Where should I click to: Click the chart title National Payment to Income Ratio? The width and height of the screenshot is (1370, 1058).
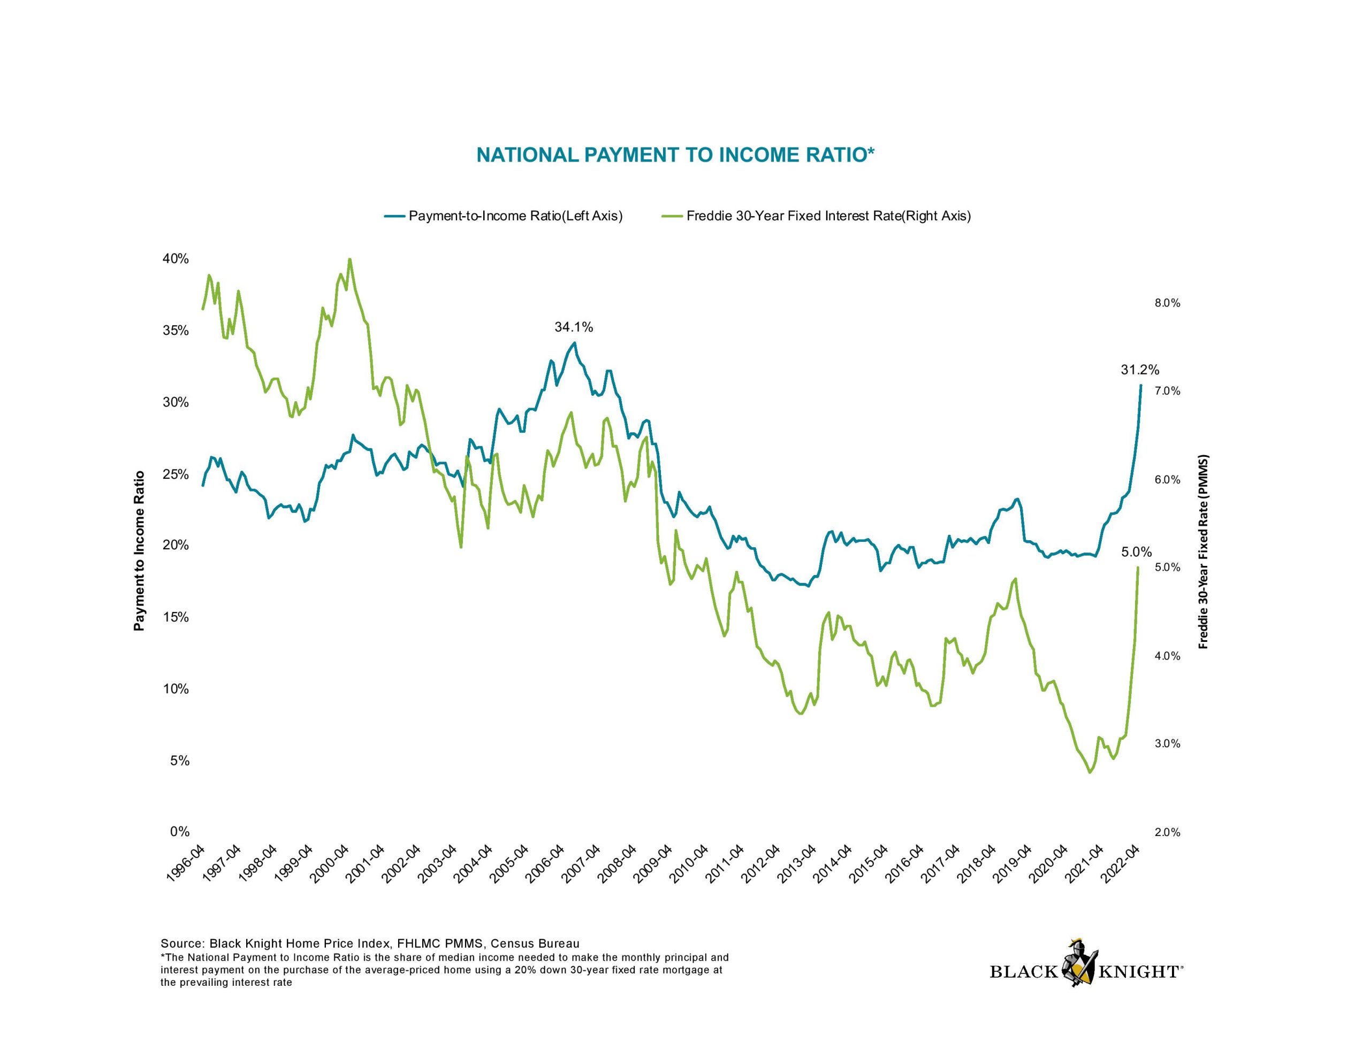[x=675, y=155]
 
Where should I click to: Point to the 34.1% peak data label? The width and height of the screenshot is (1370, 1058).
[x=573, y=327]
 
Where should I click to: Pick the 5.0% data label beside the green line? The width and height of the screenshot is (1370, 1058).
[x=1136, y=552]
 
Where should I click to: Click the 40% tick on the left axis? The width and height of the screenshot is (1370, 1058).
[x=176, y=258]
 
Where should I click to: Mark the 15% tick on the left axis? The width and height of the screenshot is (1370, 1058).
[x=176, y=617]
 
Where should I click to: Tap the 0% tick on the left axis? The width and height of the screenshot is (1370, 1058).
[x=179, y=832]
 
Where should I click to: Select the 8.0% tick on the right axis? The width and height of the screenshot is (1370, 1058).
[x=1167, y=303]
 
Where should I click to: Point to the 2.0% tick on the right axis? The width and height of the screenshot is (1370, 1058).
[x=1167, y=832]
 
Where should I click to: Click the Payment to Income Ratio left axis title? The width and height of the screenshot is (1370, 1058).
[x=139, y=550]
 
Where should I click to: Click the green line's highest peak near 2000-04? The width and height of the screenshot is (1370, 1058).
[x=349, y=259]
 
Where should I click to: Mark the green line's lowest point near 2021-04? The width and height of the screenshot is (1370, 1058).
[x=1090, y=772]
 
